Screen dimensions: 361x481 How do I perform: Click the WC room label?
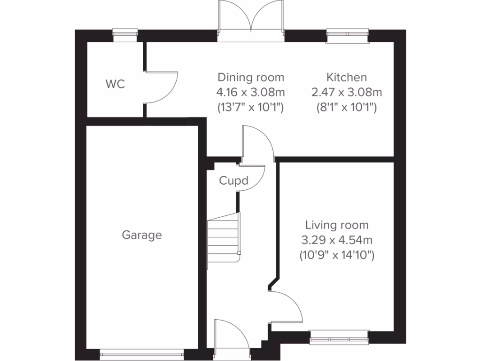click(115, 85)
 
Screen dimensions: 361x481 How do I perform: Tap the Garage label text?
click(142, 235)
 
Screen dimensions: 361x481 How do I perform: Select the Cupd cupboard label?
click(233, 180)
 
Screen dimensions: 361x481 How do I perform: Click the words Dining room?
click(251, 77)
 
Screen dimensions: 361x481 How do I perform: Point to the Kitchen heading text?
click(347, 77)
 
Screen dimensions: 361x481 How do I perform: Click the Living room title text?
click(337, 225)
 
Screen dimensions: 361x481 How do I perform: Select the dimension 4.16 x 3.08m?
click(251, 92)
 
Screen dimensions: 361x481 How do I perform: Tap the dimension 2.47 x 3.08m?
click(347, 92)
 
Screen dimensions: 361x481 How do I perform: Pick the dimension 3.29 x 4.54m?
click(337, 240)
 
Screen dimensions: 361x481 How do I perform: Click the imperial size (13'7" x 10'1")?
click(251, 107)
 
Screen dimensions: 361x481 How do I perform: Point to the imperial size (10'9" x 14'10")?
click(337, 256)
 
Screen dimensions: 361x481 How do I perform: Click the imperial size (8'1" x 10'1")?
click(347, 107)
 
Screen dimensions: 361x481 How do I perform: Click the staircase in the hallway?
click(224, 239)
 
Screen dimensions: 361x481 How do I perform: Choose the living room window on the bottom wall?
click(339, 337)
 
